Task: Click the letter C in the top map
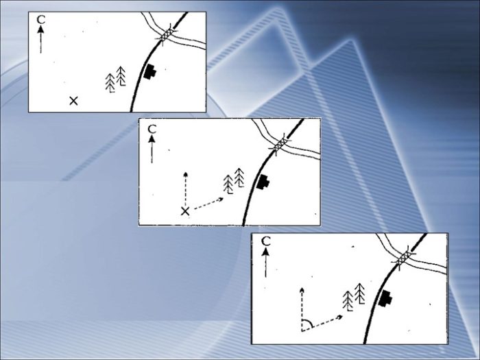[x=41, y=20]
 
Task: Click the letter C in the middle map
[x=152, y=130]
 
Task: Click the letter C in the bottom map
[x=266, y=241]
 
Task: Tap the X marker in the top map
[x=73, y=101]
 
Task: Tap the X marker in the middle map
[x=185, y=211]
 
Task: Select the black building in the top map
[x=150, y=72]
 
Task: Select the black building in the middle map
[x=263, y=182]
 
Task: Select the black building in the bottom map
[x=385, y=298]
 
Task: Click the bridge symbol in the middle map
[x=280, y=144]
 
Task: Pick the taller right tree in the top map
[x=121, y=76]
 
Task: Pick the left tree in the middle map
[x=228, y=184]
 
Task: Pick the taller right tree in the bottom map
[x=360, y=294]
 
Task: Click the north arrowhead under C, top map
[x=40, y=29]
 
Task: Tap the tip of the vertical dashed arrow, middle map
[x=185, y=173]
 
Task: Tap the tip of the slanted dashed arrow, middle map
[x=223, y=199]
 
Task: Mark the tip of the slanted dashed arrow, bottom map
[x=342, y=315]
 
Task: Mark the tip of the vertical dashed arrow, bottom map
[x=302, y=289]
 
